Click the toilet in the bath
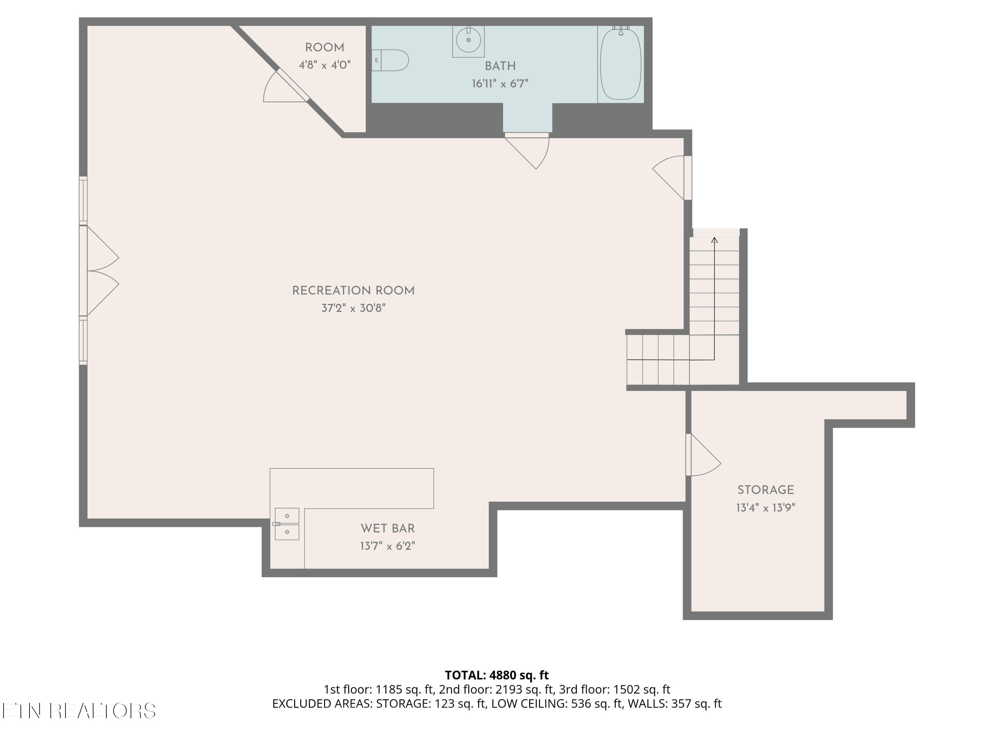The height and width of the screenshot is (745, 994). click(x=390, y=60)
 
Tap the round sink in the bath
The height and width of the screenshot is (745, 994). click(x=468, y=40)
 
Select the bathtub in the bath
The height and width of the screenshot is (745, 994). click(x=621, y=63)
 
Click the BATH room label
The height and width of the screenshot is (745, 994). click(x=500, y=67)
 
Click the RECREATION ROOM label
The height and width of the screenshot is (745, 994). click(x=353, y=291)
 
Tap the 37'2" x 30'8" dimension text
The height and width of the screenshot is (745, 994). click(x=353, y=308)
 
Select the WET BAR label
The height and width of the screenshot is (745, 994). click(x=387, y=528)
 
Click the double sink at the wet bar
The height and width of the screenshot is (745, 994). click(x=287, y=523)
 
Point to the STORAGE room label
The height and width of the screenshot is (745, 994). click(x=766, y=490)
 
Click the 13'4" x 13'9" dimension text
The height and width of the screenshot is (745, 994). click(x=766, y=508)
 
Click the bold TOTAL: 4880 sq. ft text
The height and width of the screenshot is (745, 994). click(x=497, y=675)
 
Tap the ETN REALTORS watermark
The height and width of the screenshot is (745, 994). click(x=79, y=711)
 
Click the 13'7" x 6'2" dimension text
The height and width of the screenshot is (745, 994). click(x=387, y=546)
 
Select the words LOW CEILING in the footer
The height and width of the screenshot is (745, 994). click(x=529, y=704)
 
